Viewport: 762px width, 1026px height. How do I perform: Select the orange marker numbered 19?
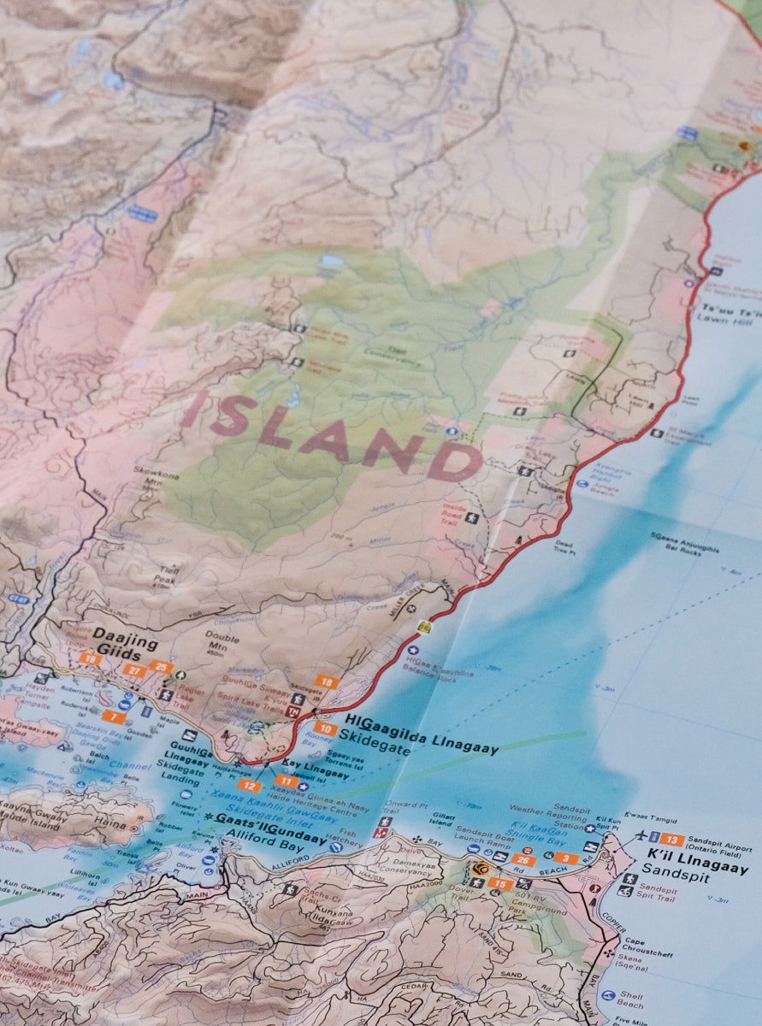point(90,658)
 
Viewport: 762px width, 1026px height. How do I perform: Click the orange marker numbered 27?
point(133,670)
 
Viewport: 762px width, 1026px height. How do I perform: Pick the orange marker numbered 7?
point(113,716)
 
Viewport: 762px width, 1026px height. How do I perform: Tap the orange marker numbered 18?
point(327,681)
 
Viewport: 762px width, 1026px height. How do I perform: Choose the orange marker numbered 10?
point(324,728)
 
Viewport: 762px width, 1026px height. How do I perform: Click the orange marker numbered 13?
point(672,840)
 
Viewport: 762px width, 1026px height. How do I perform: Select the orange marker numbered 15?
point(501,884)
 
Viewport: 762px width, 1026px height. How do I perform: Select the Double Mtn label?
point(222,641)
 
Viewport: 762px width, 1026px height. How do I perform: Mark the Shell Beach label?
point(631,999)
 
